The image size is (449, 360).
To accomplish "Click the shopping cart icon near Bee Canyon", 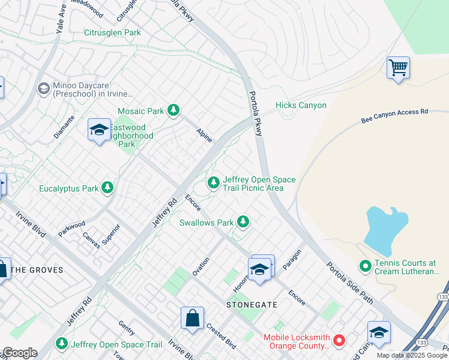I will [398, 67].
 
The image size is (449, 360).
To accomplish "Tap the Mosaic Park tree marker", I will [173, 110].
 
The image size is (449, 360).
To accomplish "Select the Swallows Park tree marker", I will [243, 222].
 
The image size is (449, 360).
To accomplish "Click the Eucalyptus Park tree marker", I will [107, 188].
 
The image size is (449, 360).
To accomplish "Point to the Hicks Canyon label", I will [301, 106].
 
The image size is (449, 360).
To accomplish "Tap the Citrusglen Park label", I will [112, 32].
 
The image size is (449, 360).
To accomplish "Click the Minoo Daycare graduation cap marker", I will [43, 89].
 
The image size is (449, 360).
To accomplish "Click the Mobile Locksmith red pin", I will [339, 341].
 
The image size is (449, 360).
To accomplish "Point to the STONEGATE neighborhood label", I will [252, 305].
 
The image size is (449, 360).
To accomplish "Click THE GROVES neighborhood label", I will [37, 270].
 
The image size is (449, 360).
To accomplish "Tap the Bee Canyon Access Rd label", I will [394, 116].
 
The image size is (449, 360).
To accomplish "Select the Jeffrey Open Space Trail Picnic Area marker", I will [212, 182].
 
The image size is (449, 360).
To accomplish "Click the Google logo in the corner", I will [19, 353].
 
